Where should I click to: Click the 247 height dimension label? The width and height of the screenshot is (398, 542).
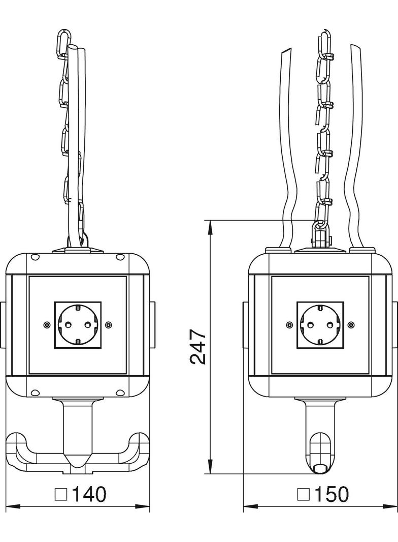198,347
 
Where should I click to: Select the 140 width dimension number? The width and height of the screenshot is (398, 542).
88,495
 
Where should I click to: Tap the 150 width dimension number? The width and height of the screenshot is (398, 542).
331,495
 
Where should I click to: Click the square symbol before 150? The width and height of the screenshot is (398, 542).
304,495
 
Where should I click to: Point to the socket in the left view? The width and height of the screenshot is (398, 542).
78,325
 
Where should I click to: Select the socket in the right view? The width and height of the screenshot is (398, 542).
320,325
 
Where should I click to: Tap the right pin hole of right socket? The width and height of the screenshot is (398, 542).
330,324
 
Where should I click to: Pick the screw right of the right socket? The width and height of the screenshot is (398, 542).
351,324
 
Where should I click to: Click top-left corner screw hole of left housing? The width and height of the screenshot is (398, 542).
35,257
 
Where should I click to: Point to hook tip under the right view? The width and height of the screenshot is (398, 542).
320,468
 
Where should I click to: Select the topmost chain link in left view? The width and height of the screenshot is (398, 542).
64,42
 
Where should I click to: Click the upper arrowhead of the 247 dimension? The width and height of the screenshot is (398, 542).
210,225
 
